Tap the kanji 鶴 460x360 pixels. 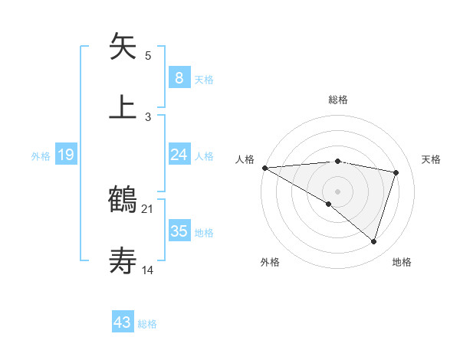tap(123, 200)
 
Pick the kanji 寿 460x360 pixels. tap(123, 261)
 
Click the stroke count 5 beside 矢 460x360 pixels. tap(148, 56)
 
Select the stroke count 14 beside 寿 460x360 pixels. tap(148, 270)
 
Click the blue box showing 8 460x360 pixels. tap(179, 77)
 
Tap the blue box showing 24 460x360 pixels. tap(179, 155)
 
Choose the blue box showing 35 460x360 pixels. tap(179, 231)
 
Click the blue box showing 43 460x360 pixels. tap(123, 322)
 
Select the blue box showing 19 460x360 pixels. tap(66, 155)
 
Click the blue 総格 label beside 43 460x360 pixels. tap(147, 324)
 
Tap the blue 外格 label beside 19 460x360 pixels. tap(41, 155)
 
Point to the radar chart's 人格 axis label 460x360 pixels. tap(245, 159)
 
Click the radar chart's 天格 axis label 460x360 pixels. tap(432, 159)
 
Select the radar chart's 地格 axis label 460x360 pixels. tap(402, 262)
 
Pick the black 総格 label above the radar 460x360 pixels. tap(338, 100)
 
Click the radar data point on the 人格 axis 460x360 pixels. tap(264, 167)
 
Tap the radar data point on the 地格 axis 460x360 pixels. tap(373, 241)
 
